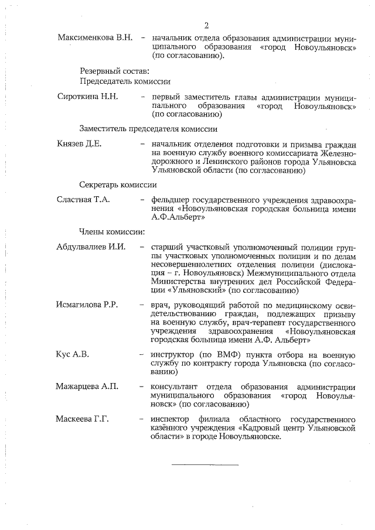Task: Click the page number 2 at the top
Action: tap(206, 25)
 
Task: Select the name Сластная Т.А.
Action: tap(83, 200)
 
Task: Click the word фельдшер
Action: tap(170, 200)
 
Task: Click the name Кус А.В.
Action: tap(73, 354)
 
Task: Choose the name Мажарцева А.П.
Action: tap(87, 387)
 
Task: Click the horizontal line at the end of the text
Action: tap(204, 464)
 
